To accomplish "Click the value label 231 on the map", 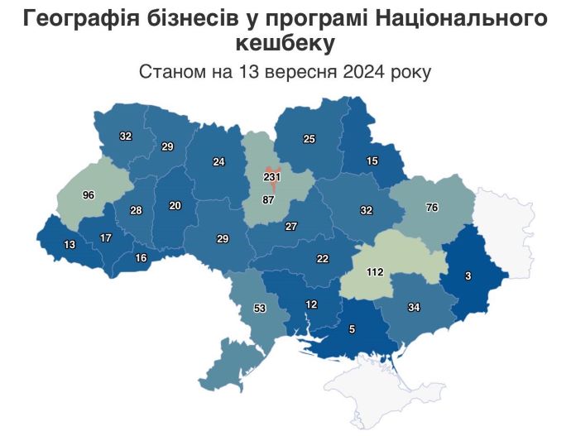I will tap(273, 177).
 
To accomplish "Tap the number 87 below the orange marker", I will tap(268, 200).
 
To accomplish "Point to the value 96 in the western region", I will tap(89, 195).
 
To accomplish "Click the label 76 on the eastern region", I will tap(431, 208).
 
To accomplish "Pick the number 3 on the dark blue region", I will tap(468, 276).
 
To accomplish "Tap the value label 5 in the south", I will tap(352, 329).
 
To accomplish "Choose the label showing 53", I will tap(260, 309).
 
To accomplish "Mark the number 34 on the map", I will tap(415, 308).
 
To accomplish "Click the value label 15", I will tap(372, 161).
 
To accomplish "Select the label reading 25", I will tap(309, 139).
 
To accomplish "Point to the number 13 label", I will tap(70, 244).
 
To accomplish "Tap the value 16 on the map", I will tap(141, 258).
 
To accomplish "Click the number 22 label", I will tap(323, 259).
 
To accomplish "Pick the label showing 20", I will tap(175, 205).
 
